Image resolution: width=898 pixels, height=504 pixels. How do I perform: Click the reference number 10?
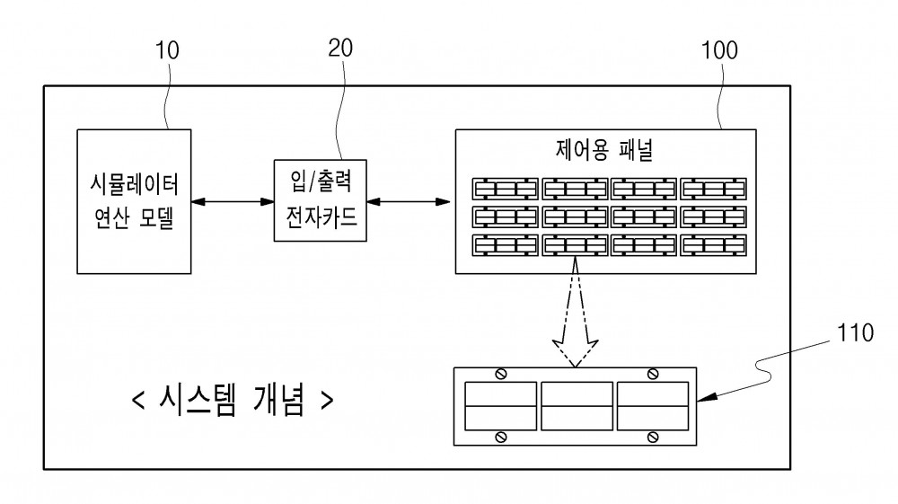[167, 50]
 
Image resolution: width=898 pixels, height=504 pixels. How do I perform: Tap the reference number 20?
[340, 49]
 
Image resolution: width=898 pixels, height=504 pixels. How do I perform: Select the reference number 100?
[719, 50]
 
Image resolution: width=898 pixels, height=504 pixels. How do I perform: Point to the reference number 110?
[855, 332]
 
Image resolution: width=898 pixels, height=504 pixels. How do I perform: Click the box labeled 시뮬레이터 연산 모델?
[134, 201]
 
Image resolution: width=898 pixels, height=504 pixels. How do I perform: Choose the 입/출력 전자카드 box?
[321, 200]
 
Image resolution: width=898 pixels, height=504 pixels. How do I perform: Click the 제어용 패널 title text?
[604, 149]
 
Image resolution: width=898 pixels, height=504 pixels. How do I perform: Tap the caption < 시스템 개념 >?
[232, 399]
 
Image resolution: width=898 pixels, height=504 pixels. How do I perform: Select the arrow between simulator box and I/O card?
[233, 201]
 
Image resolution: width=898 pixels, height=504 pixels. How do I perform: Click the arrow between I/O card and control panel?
[409, 201]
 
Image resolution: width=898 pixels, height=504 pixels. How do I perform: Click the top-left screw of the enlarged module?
[500, 375]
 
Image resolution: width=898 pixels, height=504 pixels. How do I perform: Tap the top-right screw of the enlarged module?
[652, 375]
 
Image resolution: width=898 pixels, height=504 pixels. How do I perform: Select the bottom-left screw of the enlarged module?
[500, 438]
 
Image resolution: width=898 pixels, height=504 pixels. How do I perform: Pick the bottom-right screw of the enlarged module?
[652, 438]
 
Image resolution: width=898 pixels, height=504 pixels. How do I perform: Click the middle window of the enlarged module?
[577, 406]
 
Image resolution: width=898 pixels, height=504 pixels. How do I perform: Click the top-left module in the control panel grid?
[505, 189]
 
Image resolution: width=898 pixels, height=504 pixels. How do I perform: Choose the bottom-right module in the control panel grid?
[714, 245]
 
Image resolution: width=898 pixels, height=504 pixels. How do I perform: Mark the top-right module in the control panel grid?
[714, 189]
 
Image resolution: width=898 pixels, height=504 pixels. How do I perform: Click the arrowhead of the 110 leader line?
[706, 397]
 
